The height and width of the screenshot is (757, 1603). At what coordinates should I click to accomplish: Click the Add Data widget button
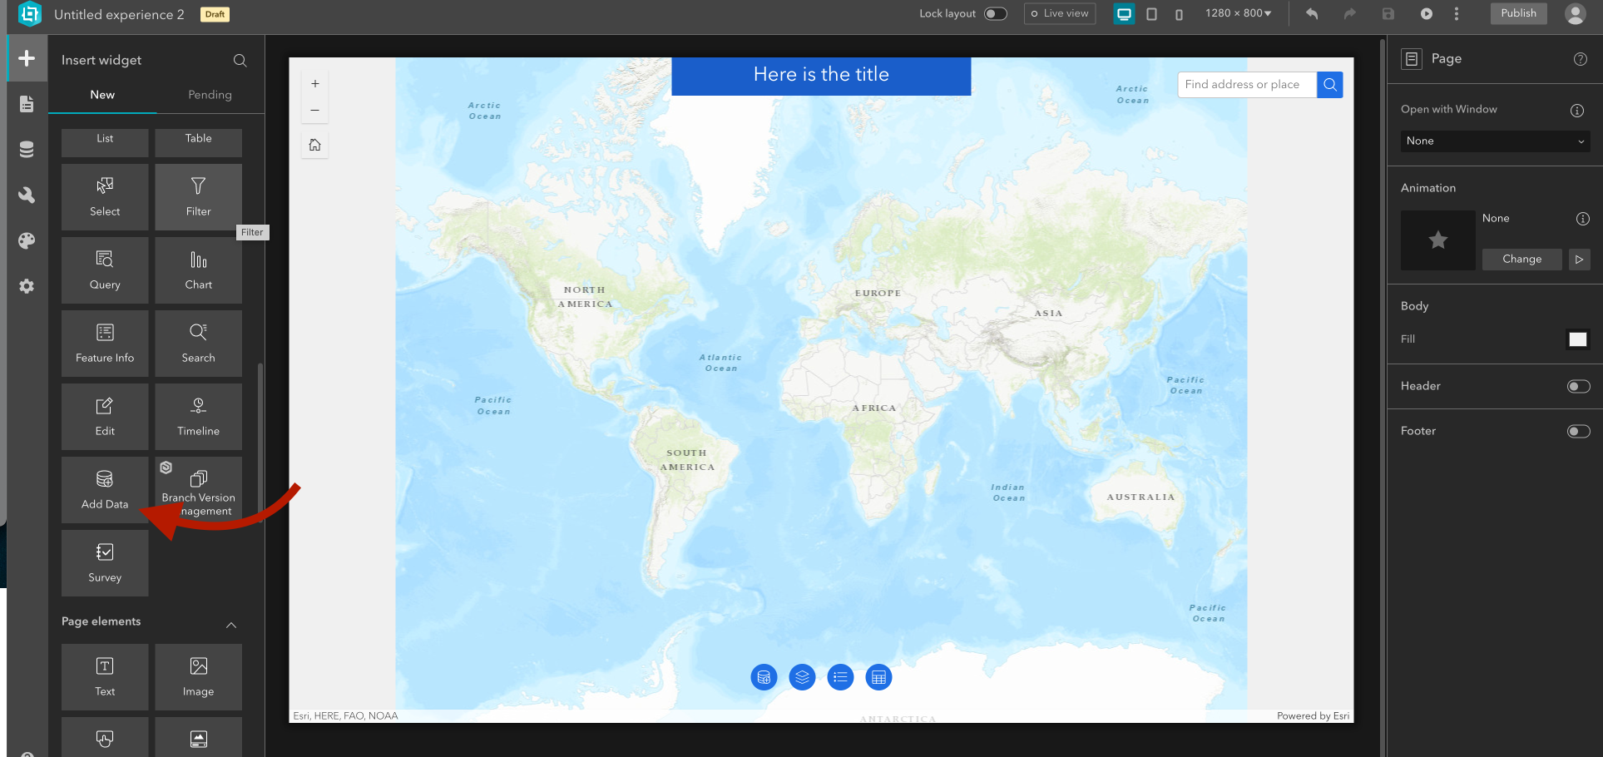click(105, 489)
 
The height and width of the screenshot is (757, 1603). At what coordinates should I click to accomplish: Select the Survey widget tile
click(105, 562)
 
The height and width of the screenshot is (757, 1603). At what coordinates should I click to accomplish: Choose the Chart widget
click(198, 270)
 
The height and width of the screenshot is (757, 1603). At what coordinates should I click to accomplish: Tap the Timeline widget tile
click(198, 416)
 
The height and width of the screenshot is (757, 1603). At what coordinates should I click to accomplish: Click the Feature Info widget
click(105, 343)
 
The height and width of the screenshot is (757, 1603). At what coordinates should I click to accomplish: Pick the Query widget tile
click(105, 270)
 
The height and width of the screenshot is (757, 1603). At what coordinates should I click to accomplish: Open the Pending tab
click(210, 95)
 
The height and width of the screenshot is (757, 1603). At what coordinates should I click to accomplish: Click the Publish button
click(1518, 13)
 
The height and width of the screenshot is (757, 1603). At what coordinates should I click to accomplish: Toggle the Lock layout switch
click(995, 13)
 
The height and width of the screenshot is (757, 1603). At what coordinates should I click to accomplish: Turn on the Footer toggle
click(1578, 431)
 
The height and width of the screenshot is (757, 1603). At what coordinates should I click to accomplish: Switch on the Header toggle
click(1578, 386)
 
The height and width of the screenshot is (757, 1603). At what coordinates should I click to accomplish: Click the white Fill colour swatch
click(1577, 339)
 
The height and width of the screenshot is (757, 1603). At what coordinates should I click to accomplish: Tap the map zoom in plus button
click(315, 84)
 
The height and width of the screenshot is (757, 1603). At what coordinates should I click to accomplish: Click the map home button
click(315, 145)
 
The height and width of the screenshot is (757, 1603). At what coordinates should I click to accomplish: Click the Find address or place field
click(1246, 85)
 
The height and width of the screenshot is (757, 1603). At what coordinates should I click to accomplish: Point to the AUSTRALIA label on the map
click(1140, 497)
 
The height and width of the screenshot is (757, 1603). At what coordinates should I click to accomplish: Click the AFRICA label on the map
click(873, 408)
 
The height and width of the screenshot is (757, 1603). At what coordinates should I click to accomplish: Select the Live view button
click(1060, 13)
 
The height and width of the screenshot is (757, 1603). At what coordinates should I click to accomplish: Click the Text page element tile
click(105, 676)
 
